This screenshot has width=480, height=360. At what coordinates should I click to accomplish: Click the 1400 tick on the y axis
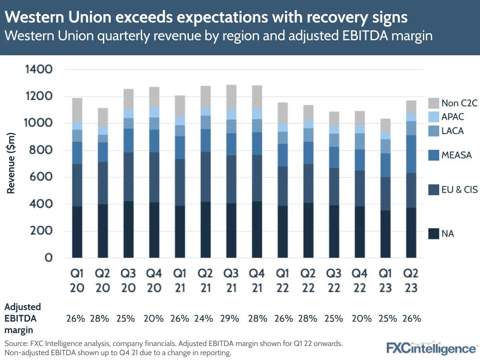(x=38, y=70)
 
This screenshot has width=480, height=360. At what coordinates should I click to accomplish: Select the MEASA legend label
(x=457, y=155)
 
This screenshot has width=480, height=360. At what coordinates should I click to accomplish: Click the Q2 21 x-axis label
(x=205, y=280)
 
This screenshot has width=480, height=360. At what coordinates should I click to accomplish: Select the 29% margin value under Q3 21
(x=231, y=318)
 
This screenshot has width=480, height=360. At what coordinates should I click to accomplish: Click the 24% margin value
(x=205, y=318)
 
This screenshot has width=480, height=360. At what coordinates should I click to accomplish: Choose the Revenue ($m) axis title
(x=11, y=164)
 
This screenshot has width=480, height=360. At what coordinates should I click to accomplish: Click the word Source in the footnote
(x=16, y=344)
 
